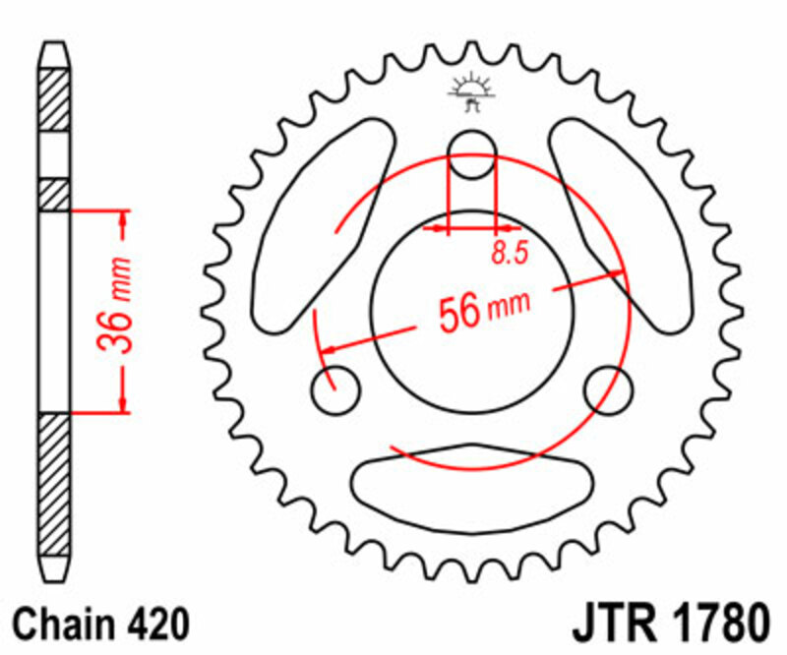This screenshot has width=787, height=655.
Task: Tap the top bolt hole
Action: (471, 155)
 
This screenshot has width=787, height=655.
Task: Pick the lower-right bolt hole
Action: (607, 390)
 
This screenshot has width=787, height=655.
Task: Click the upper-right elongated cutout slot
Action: (617, 224)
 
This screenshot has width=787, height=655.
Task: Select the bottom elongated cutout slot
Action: (471, 481)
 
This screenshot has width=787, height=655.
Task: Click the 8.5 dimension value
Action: (509, 254)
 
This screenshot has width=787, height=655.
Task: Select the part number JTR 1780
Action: (669, 624)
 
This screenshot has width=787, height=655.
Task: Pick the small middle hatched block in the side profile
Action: (54, 194)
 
